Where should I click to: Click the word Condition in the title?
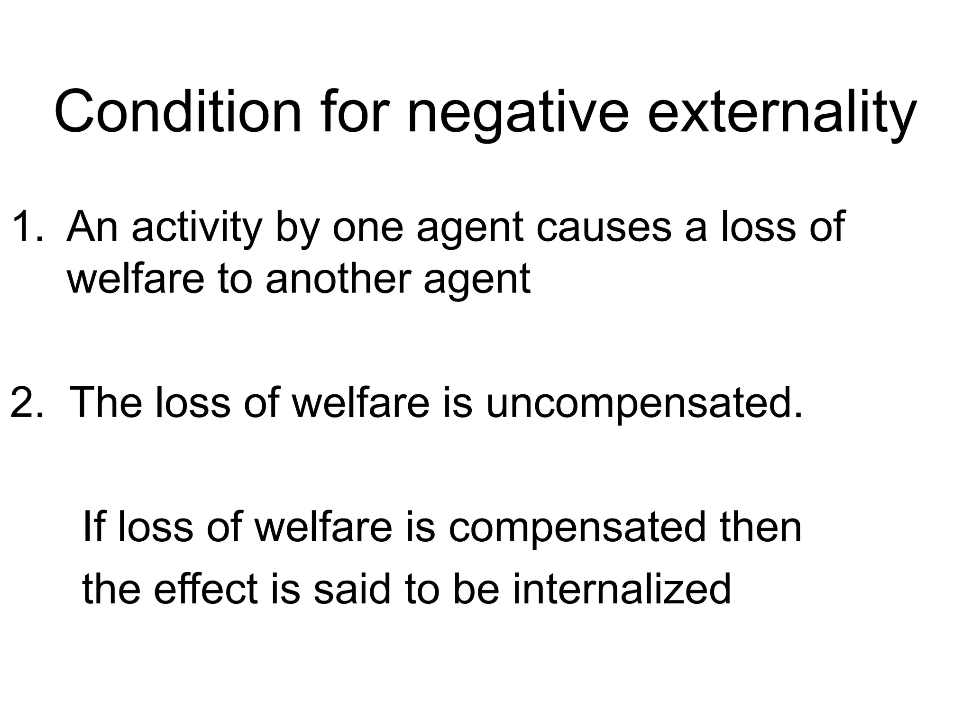point(178,113)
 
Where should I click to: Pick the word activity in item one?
point(197,227)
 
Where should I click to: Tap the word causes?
point(604,227)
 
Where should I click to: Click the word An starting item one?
point(92,227)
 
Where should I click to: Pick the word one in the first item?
point(368,227)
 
